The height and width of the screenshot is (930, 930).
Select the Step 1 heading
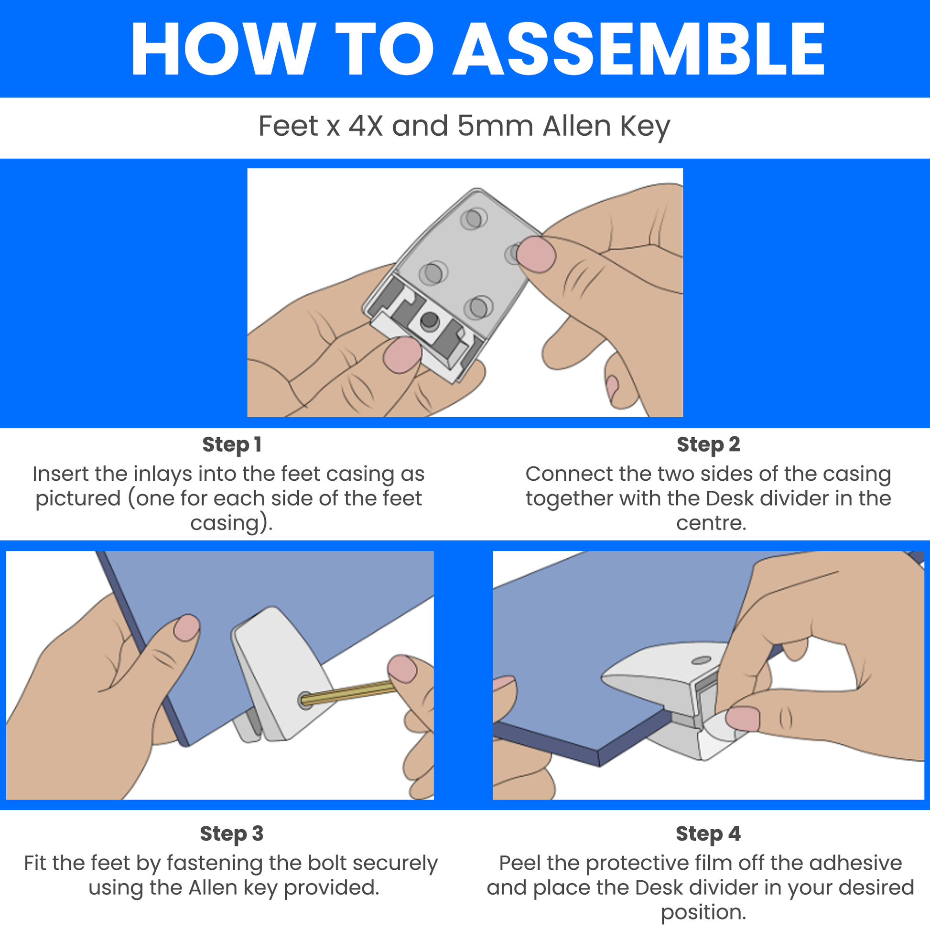pyautogui.click(x=231, y=444)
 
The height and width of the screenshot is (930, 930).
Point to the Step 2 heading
pyautogui.click(x=708, y=444)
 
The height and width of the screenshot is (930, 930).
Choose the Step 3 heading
pyautogui.click(x=231, y=833)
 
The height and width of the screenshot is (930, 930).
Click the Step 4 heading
pyautogui.click(x=708, y=833)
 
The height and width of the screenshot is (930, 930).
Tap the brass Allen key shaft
pyautogui.click(x=349, y=693)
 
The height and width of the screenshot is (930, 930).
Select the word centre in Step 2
pyautogui.click(x=711, y=523)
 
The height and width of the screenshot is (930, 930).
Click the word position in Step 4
pyautogui.click(x=703, y=912)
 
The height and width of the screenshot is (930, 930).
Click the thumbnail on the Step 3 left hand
pyautogui.click(x=186, y=627)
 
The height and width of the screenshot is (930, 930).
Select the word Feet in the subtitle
pyautogui.click(x=288, y=126)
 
